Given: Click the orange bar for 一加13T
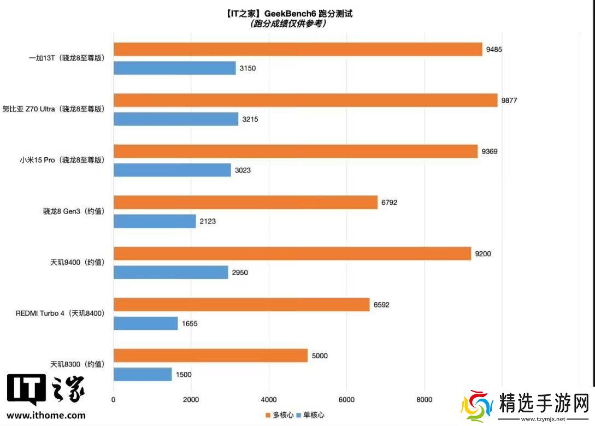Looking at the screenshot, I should click(298, 49).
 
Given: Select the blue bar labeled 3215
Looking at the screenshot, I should click(176, 119).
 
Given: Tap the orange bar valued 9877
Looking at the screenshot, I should click(305, 100).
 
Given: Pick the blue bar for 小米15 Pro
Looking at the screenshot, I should click(172, 170).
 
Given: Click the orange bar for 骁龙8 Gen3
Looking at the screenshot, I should click(245, 203).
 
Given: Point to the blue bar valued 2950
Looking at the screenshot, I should click(170, 272).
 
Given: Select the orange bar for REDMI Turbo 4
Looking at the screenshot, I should click(241, 305).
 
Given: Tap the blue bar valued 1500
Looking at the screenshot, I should click(143, 374).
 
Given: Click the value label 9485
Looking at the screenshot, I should click(494, 49).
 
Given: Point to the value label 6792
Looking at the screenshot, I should click(389, 203).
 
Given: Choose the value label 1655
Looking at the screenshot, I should click(190, 323).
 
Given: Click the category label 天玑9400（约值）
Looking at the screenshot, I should click(77, 262).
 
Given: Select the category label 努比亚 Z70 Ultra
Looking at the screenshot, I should click(53, 109).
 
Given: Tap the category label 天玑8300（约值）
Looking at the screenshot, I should click(77, 364).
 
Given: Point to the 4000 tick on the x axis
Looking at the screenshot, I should click(268, 399).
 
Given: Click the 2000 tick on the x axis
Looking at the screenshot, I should click(191, 399).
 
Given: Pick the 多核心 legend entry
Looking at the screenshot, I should click(279, 415).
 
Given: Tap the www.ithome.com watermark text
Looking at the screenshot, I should click(46, 415).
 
